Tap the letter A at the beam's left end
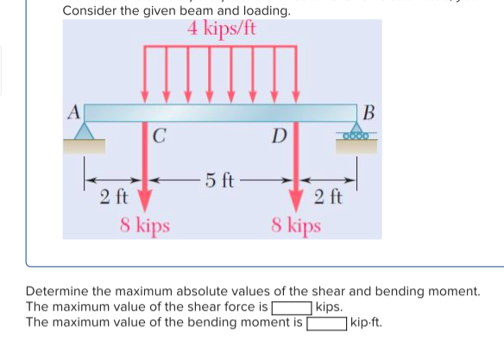pos(73,111)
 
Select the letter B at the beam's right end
pos(369,111)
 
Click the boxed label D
pos(278,136)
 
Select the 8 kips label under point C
pos(145,226)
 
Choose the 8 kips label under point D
pos(295,226)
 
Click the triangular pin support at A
pos(85,131)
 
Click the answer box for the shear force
pos(292,307)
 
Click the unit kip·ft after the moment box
pos(367,324)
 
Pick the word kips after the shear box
pos(330,307)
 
